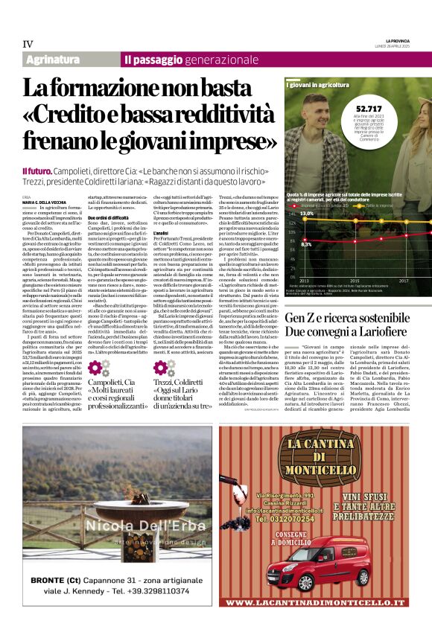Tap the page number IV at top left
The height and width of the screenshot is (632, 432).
tap(28, 43)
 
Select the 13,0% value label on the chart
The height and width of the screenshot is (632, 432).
tap(306, 213)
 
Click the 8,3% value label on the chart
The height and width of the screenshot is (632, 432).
tap(306, 243)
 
